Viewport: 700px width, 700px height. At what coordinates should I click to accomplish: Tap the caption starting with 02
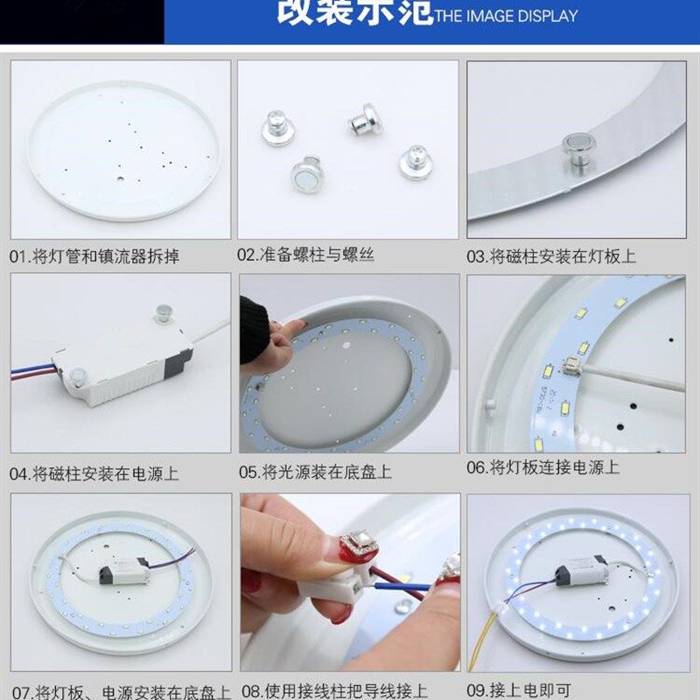(305, 255)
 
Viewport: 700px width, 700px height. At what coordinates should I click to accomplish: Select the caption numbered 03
(550, 256)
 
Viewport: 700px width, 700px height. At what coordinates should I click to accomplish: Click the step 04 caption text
(94, 473)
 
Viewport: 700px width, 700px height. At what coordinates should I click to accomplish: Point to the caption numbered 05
(315, 472)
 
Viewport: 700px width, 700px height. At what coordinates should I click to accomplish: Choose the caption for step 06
(542, 467)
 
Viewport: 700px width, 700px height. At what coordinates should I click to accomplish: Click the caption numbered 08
(334, 690)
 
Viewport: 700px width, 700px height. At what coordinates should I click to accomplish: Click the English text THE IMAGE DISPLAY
(507, 16)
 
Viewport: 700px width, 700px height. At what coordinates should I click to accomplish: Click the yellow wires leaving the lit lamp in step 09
(484, 622)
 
